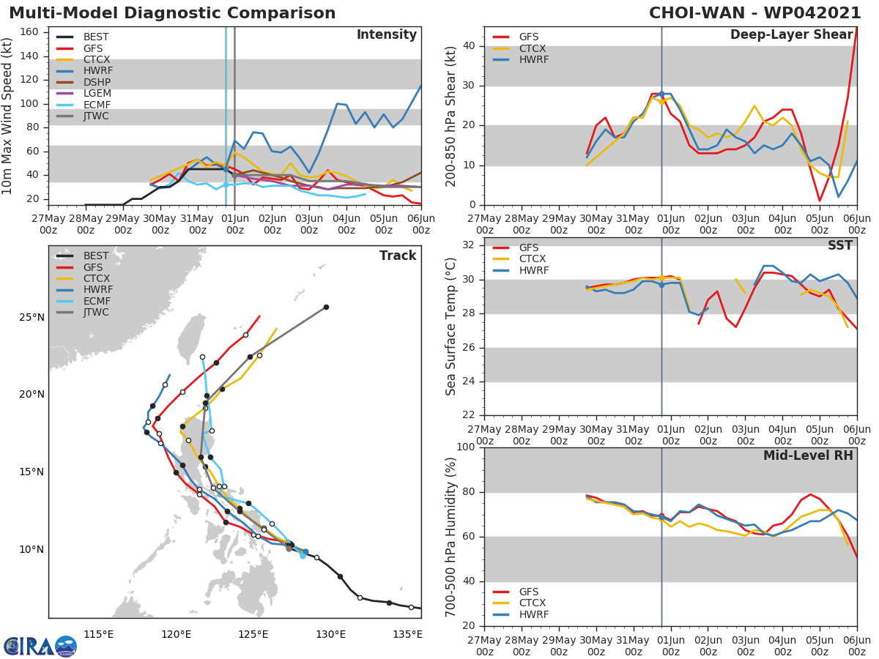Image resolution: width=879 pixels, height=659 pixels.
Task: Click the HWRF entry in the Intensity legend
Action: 97,71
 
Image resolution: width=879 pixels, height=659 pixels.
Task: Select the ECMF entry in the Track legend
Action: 97,301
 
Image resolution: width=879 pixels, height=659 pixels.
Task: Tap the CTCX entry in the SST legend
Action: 532,259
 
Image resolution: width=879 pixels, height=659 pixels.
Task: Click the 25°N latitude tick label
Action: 31,318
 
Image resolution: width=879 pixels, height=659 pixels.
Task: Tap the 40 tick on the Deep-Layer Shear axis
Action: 470,46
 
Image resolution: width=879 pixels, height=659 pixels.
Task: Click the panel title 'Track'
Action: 397,256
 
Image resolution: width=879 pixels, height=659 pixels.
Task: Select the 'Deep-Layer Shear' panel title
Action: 791,35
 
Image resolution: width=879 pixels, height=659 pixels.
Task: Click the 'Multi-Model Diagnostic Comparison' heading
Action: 172,13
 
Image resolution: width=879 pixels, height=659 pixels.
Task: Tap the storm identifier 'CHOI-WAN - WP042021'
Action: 754,13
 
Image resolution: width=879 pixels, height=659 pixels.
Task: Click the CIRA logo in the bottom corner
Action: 40,646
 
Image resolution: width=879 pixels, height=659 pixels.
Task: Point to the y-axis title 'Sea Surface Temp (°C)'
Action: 452,327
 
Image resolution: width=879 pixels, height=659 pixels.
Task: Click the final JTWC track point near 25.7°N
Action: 326,307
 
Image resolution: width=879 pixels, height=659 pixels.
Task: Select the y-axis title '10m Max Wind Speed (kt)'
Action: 8,116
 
